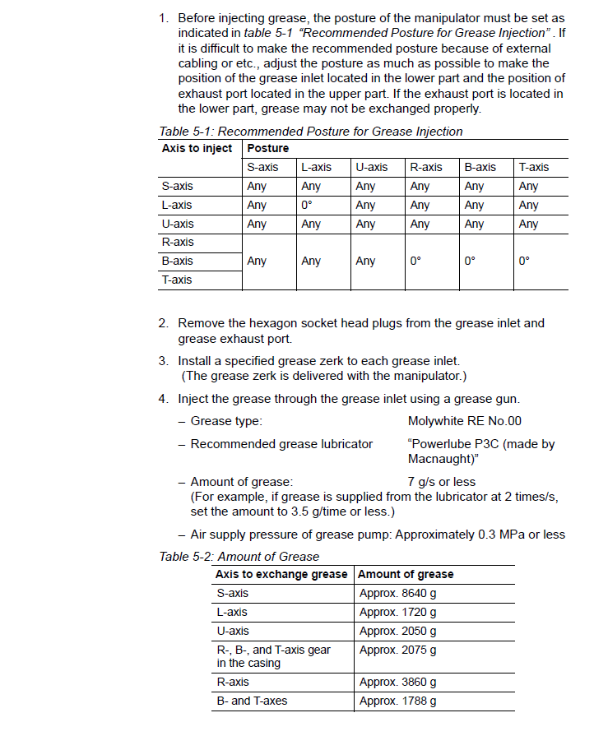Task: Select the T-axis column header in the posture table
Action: coord(533,167)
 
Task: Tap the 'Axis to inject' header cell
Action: coord(197,148)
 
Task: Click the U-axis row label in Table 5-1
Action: coord(179,224)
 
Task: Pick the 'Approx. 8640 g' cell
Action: coord(398,593)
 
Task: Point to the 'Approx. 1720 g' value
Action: coord(398,612)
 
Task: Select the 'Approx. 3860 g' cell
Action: coord(398,682)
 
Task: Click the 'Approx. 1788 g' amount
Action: coord(398,701)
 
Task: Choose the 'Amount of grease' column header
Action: coord(406,574)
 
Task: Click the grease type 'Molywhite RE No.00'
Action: coord(465,421)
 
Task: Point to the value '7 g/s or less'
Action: coord(442,481)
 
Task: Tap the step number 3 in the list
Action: coord(163,360)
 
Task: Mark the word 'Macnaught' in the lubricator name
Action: coord(439,458)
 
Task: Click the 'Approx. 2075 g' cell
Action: coord(398,650)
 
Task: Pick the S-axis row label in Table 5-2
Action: coord(233,593)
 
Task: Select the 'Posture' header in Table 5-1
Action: coord(268,148)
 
